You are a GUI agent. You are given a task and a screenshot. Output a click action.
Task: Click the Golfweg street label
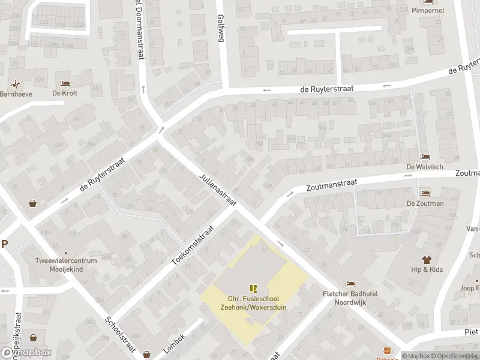pos(220,28)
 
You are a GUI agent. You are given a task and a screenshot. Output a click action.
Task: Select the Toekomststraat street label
pos(193,246)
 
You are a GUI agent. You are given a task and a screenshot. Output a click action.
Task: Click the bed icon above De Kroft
pos(65,83)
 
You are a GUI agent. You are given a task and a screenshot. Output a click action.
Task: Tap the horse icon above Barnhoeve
pos(16,84)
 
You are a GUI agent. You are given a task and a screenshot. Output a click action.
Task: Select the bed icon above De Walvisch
pos(425,157)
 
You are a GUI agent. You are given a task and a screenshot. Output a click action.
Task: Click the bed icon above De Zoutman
pos(425,193)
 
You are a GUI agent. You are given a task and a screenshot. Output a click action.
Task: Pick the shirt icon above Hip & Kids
pos(427,260)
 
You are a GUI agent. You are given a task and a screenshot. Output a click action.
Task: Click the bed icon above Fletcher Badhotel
pos(349,284)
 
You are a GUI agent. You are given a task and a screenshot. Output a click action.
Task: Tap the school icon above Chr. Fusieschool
pos(253,289)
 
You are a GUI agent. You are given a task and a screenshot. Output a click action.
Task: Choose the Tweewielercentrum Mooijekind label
pos(66,265)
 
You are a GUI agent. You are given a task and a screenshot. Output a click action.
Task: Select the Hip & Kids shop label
pos(427,270)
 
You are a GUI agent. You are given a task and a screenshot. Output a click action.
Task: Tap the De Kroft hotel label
pos(65,93)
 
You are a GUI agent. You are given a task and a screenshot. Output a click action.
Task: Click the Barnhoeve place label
pos(16,94)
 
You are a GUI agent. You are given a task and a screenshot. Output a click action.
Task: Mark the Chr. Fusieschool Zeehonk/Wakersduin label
pos(253,303)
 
